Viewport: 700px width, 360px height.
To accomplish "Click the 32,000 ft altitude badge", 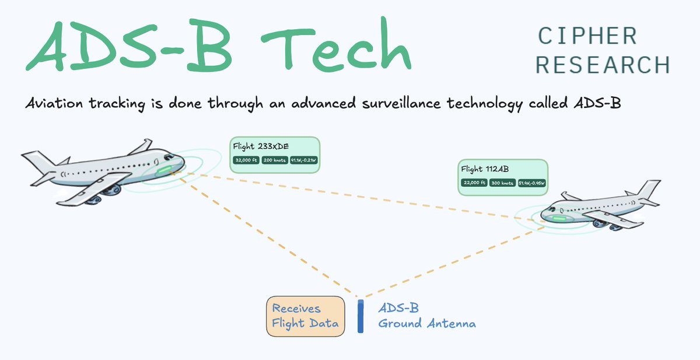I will [x=246, y=160].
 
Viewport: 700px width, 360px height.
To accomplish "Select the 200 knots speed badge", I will [x=274, y=160].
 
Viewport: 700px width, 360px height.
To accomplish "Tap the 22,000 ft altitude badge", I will [x=474, y=183].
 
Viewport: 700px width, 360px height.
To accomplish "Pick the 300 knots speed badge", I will [x=502, y=183].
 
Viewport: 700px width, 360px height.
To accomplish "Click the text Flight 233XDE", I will [x=261, y=146].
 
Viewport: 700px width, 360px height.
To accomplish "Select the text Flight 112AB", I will [x=485, y=169].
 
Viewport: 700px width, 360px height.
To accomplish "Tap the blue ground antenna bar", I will [x=360, y=316].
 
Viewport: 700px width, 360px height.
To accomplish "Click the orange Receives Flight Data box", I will [x=305, y=316].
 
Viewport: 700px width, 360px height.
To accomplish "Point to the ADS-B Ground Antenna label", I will [x=426, y=316].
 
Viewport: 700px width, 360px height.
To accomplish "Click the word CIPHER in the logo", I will [x=587, y=37].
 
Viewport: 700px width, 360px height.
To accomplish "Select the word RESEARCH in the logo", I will [x=603, y=64].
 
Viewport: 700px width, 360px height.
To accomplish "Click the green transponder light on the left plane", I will [x=164, y=170].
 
